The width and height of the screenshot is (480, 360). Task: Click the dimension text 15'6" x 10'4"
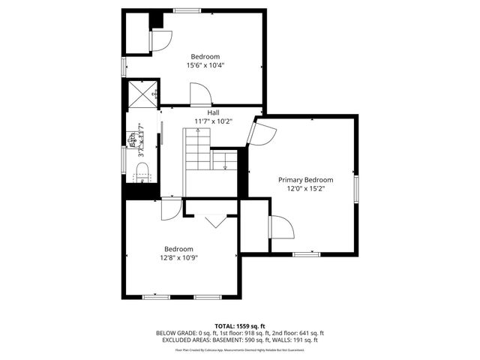[x=205, y=65]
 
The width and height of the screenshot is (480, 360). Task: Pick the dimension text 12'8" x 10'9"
[x=178, y=258]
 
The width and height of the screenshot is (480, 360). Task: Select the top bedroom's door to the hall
[x=200, y=95]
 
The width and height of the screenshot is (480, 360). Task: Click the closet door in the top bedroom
[x=160, y=41]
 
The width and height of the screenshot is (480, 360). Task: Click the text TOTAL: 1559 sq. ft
[x=239, y=326]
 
